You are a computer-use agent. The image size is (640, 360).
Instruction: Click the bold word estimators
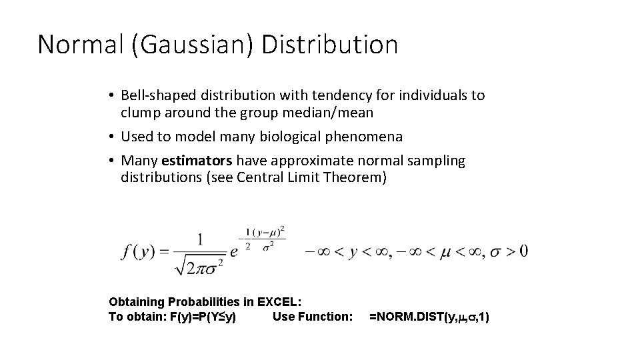197,161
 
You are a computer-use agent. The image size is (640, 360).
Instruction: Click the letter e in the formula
233,252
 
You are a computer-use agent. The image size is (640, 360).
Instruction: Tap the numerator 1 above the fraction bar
199,238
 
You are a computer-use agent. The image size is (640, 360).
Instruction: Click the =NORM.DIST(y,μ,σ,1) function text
429,317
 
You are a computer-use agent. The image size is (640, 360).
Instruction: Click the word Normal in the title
74,45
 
